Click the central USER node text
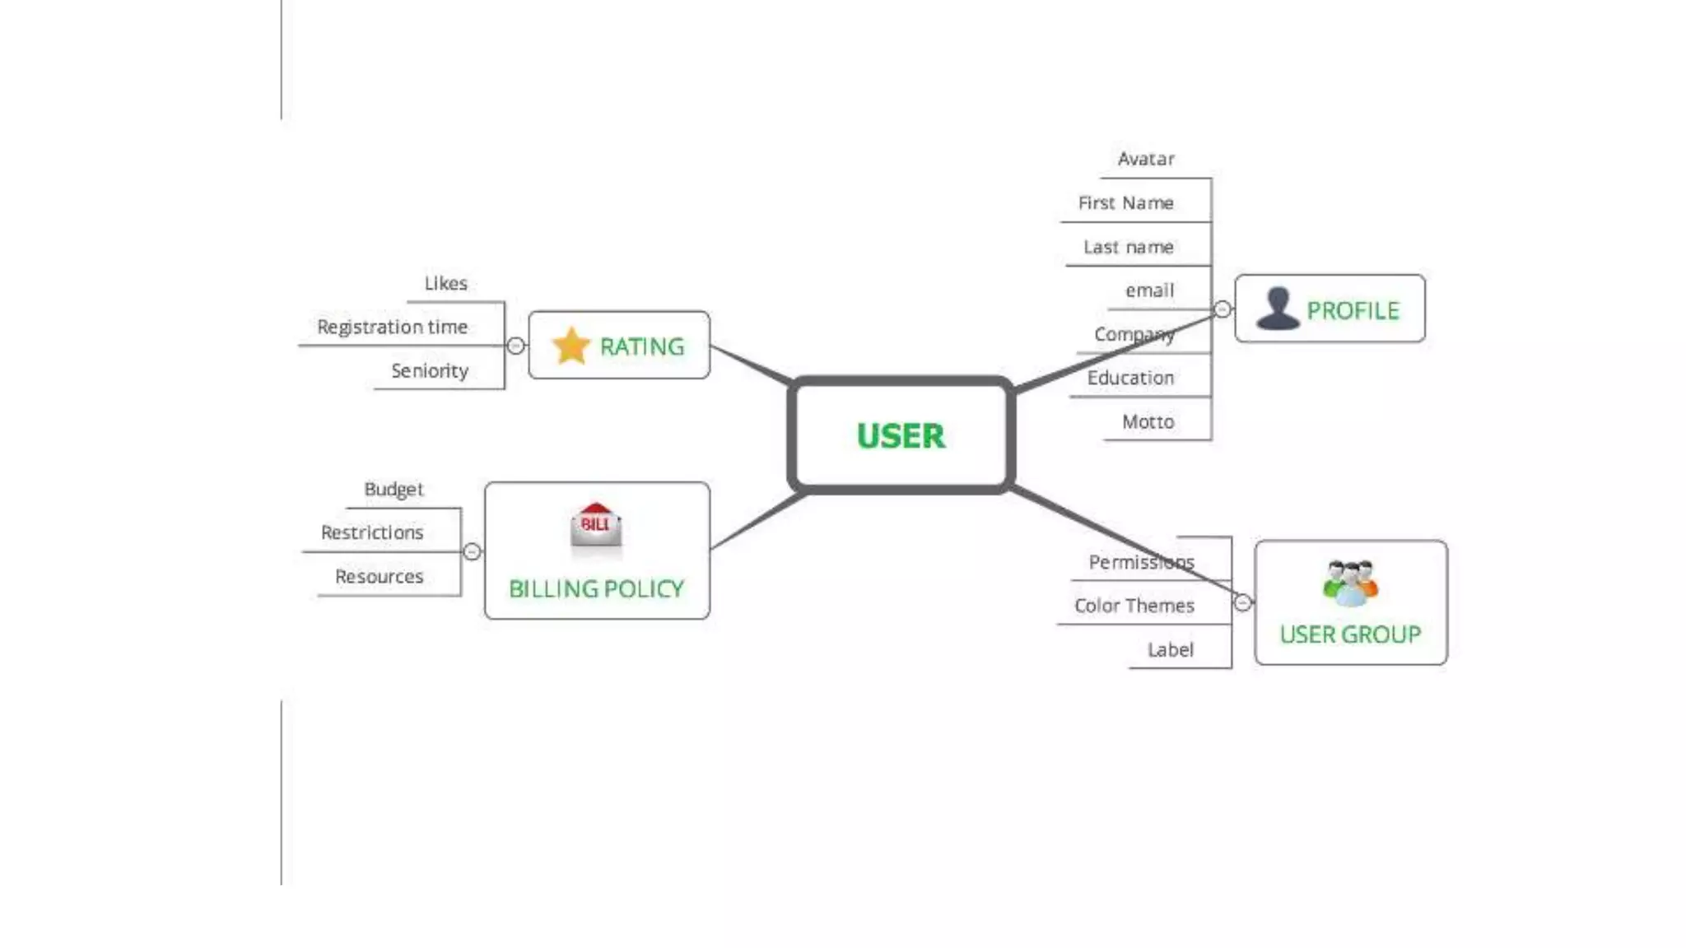coord(901,435)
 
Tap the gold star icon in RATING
coord(571,346)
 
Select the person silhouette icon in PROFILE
coord(1278,309)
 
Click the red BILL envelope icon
coord(596,525)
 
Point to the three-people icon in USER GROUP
coord(1350,583)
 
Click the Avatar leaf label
coord(1145,159)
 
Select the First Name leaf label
coord(1125,202)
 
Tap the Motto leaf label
coord(1148,421)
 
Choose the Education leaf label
coord(1130,378)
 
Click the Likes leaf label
coord(445,283)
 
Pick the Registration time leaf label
coord(392,327)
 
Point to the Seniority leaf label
coord(430,370)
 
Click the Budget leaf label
coord(394,489)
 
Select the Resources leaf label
coord(379,576)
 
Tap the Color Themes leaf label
coord(1134,606)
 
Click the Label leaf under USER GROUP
coord(1170,649)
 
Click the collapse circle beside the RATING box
coord(515,346)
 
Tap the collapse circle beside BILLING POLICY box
coord(472,551)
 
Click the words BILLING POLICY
coord(596,588)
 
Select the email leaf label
coord(1149,290)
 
